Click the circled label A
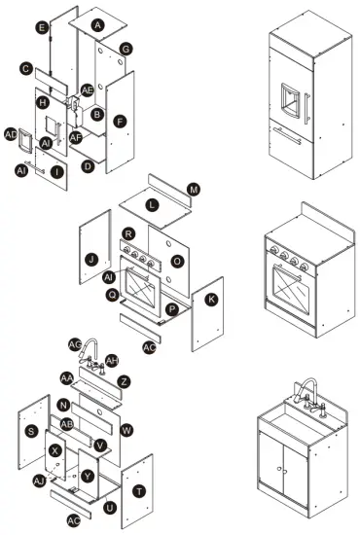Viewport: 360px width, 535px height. [x=97, y=22]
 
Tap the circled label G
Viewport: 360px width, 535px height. [x=126, y=49]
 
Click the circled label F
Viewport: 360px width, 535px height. [x=120, y=122]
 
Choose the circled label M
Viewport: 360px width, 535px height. [x=193, y=189]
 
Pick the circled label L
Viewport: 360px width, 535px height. [x=151, y=206]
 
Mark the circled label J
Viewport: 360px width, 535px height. [x=90, y=260]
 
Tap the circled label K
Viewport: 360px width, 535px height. [x=211, y=300]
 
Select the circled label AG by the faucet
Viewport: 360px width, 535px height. [x=75, y=344]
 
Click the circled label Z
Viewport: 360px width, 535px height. [x=124, y=381]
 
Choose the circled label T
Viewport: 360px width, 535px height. [x=139, y=491]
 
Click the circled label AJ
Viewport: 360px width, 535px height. [x=39, y=481]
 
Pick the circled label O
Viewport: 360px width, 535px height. [x=176, y=262]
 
